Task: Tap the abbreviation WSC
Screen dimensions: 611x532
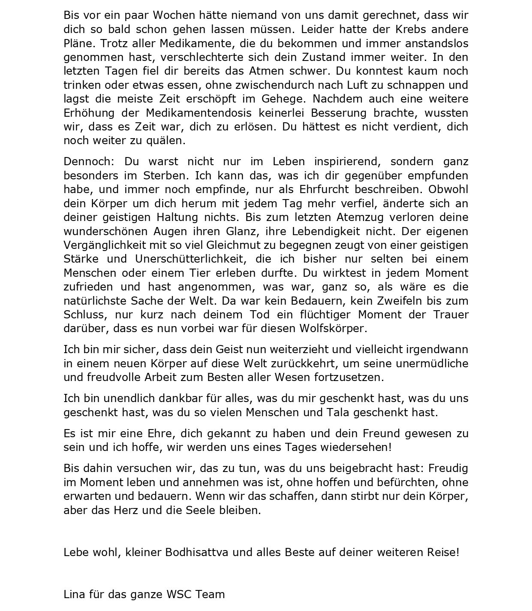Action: pyautogui.click(x=179, y=594)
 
